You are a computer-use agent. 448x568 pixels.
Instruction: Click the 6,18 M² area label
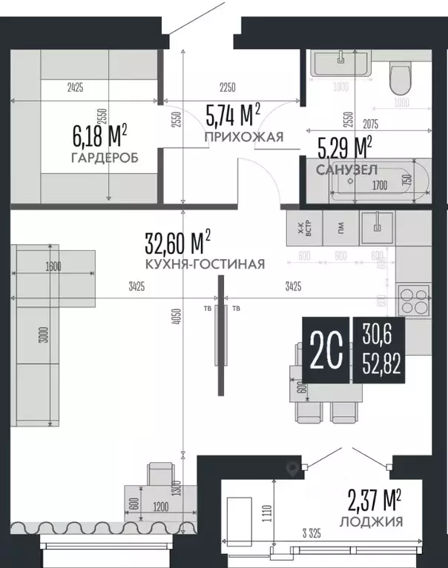(99, 136)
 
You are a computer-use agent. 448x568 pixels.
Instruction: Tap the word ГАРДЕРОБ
(105, 159)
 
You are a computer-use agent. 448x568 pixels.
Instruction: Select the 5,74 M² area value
(232, 115)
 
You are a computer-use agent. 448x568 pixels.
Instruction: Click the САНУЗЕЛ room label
(347, 170)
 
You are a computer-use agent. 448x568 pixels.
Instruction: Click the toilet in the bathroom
(401, 77)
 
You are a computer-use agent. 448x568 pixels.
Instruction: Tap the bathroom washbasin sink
(340, 63)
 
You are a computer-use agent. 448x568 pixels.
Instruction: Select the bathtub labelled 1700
(378, 181)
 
